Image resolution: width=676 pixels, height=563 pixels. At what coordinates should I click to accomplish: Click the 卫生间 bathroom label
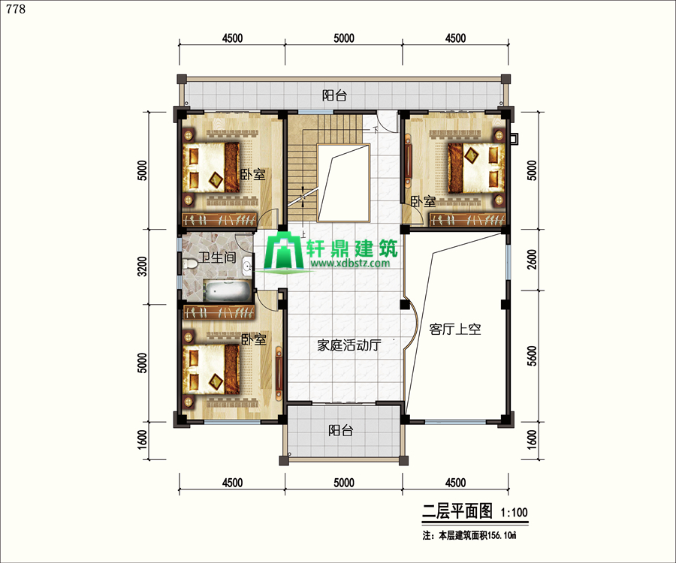point(217,257)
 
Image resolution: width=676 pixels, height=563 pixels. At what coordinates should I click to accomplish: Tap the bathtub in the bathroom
point(227,291)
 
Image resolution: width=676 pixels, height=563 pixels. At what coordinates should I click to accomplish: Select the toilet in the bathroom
point(189,264)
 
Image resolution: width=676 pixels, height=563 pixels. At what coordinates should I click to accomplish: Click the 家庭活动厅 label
point(349,345)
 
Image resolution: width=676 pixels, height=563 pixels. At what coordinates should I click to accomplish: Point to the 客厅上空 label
point(455,330)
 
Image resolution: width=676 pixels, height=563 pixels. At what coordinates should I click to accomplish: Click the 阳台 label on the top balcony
point(334,95)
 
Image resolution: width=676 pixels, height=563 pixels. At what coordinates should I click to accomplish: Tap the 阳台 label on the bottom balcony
point(340,430)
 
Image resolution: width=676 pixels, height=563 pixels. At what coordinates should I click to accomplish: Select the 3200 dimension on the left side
point(142,266)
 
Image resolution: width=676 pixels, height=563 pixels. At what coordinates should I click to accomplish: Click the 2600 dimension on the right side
point(532,259)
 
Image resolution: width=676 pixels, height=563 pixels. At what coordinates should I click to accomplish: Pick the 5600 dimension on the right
point(532,356)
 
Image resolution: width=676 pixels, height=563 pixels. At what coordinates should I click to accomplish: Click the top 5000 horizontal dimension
point(343,38)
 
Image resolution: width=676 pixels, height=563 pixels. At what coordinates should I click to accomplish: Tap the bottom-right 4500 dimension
point(455,483)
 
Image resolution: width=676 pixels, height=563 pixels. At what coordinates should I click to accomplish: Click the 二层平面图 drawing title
point(457,511)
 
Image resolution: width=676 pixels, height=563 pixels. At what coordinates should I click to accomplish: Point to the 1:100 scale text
point(514,512)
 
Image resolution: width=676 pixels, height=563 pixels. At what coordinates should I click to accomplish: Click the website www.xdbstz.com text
point(349,263)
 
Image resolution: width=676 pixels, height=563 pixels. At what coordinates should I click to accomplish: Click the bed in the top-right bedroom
point(476,167)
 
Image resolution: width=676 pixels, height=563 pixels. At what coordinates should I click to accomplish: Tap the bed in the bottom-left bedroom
point(211,369)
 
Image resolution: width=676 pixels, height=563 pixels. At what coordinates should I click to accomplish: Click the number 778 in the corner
point(16,9)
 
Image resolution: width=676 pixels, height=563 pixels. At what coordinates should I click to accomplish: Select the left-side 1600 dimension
point(142,439)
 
